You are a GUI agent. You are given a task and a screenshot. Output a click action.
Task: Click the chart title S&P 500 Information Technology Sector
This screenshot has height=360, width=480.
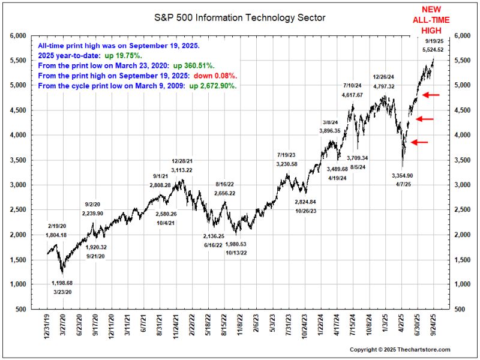click(x=240, y=17)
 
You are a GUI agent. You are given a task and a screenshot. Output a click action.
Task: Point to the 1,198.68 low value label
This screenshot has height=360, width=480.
click(x=61, y=283)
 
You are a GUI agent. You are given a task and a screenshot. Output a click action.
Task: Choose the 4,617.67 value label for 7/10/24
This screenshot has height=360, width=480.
click(x=354, y=95)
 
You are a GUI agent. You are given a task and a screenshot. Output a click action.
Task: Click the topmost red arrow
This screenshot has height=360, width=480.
click(x=431, y=95)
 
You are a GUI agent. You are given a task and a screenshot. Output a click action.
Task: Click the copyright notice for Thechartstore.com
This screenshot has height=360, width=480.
click(x=400, y=349)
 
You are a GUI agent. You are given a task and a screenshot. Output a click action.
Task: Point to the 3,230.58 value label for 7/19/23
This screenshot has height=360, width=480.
click(x=292, y=164)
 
